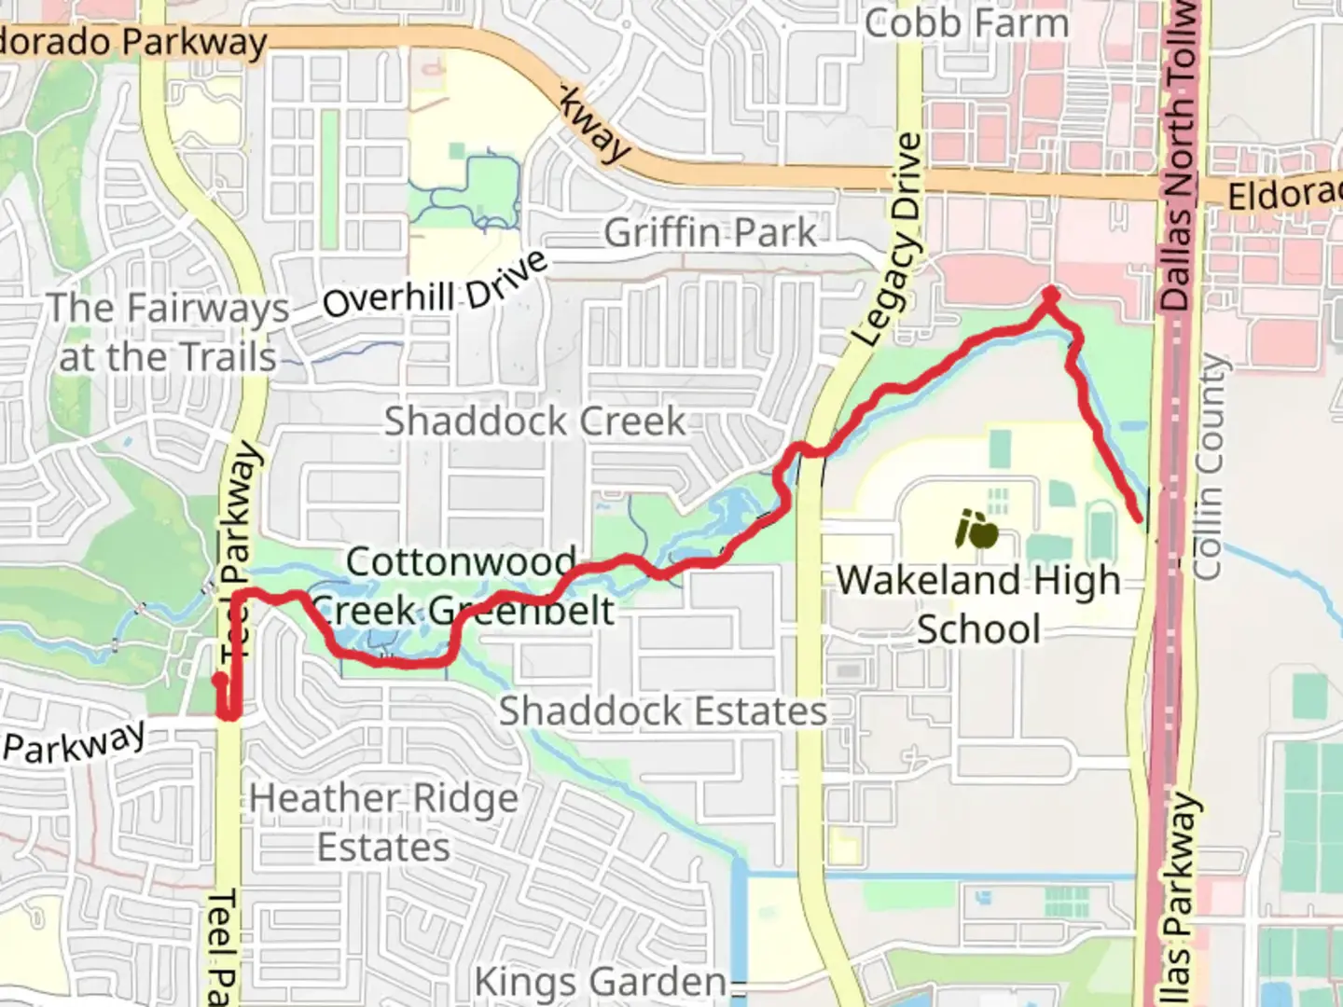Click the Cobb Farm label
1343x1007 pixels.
click(966, 22)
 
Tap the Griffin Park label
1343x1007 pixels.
click(710, 233)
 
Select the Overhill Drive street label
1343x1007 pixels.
click(435, 285)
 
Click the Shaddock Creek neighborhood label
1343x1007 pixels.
click(535, 421)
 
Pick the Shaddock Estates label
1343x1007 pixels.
click(663, 711)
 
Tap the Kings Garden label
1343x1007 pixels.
click(601, 982)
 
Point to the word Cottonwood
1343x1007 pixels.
click(461, 561)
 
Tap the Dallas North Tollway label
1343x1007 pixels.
click(1179, 159)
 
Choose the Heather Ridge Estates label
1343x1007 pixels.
click(383, 822)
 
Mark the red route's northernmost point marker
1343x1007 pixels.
click(1051, 296)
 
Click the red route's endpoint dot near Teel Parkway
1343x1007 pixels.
click(218, 680)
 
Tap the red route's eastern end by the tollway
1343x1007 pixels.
click(1138, 517)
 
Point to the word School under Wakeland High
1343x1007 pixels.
click(978, 629)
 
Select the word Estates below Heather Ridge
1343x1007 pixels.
click(383, 848)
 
